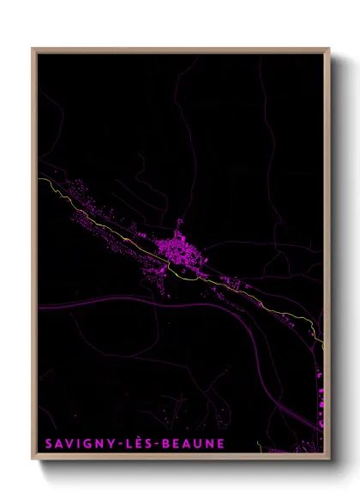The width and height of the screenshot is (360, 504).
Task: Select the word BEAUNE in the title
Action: (x=194, y=443)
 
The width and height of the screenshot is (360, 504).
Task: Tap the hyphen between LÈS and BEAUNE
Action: (x=160, y=444)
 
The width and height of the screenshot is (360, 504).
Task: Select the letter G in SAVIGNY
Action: (x=91, y=443)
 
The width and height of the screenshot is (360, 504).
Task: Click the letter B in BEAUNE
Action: (x=170, y=443)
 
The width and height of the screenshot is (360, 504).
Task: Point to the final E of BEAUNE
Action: (x=219, y=443)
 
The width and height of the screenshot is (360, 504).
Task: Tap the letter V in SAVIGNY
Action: (x=71, y=443)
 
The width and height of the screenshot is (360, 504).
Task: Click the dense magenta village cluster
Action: (x=179, y=250)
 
